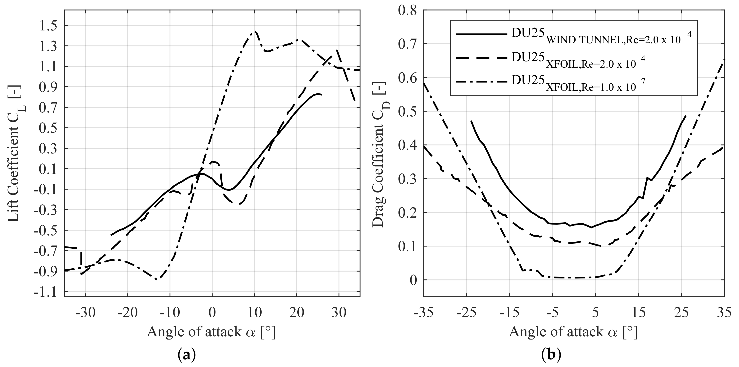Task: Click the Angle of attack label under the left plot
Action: coord(211,332)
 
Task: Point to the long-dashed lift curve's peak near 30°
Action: coord(337,50)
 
